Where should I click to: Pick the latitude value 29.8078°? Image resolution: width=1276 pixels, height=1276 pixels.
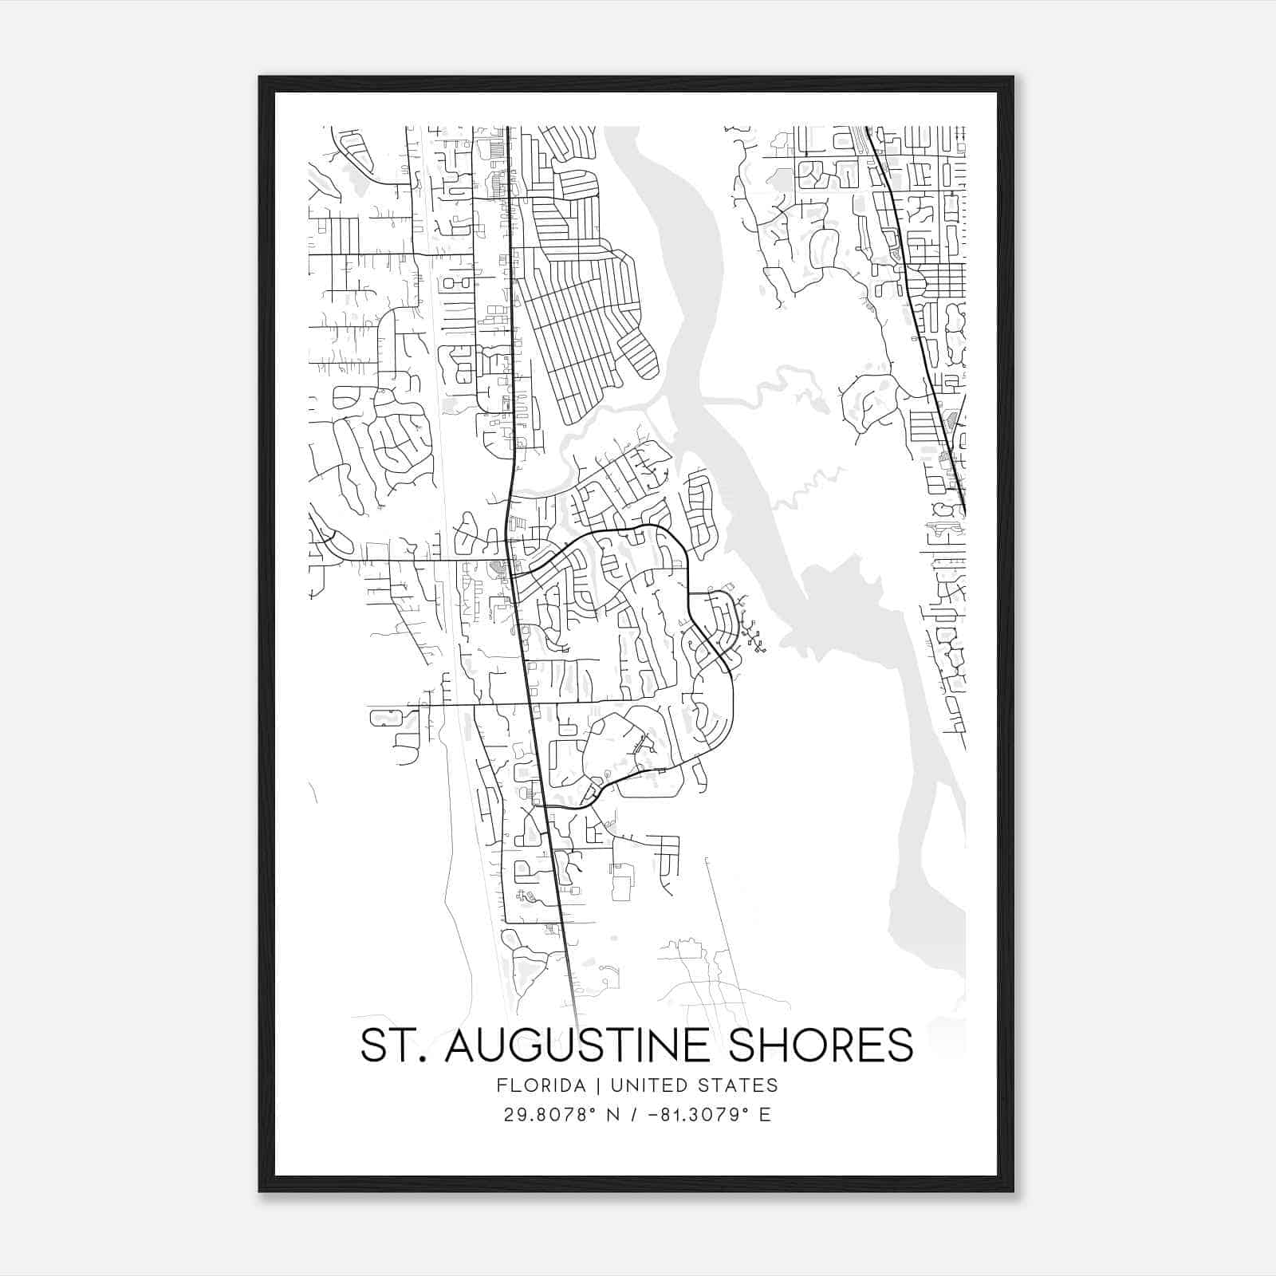[x=549, y=1114]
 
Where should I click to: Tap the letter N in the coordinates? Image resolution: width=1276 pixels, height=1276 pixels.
[x=613, y=1114]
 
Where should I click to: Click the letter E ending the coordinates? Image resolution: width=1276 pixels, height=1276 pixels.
[x=765, y=1114]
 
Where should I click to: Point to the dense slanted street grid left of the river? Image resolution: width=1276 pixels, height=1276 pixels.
[x=582, y=319]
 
